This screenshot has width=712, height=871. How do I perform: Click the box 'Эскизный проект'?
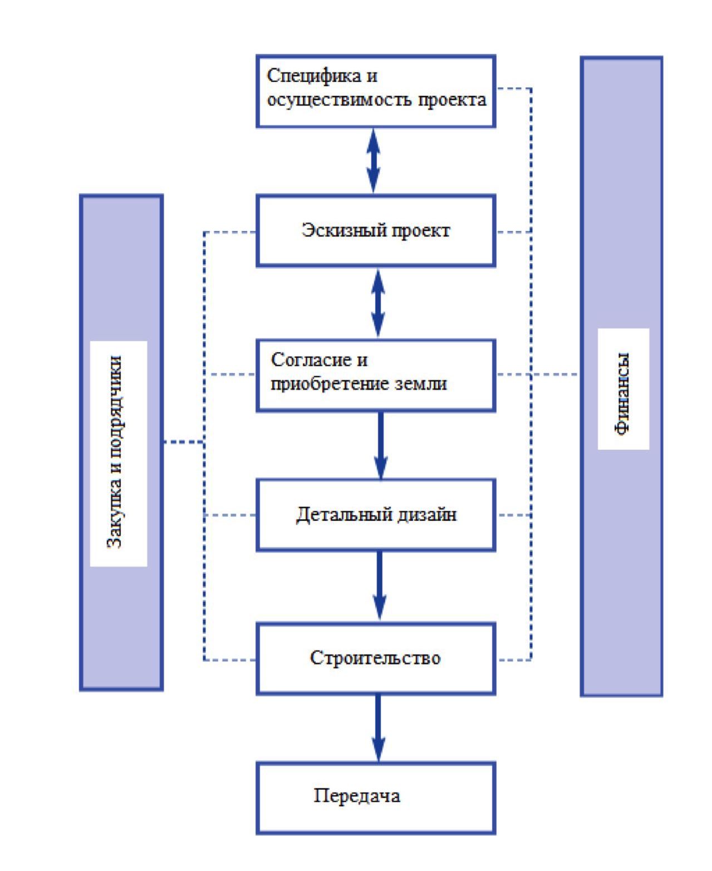click(376, 230)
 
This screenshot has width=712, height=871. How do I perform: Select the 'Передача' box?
click(376, 797)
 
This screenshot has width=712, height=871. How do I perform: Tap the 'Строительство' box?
click(376, 658)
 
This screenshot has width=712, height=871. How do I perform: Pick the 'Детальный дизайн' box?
click(376, 515)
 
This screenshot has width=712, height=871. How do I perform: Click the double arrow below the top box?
click(374, 161)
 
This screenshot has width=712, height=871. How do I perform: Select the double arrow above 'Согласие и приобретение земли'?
click(379, 303)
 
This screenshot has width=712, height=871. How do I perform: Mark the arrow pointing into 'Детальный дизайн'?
click(381, 445)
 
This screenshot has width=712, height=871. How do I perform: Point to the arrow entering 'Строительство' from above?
click(380, 585)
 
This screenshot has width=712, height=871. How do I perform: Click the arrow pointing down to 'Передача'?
click(379, 728)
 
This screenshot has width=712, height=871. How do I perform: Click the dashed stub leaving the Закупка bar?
click(183, 442)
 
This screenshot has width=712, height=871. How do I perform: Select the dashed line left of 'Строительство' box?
click(230, 660)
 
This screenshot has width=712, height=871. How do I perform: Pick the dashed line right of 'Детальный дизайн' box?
click(513, 515)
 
